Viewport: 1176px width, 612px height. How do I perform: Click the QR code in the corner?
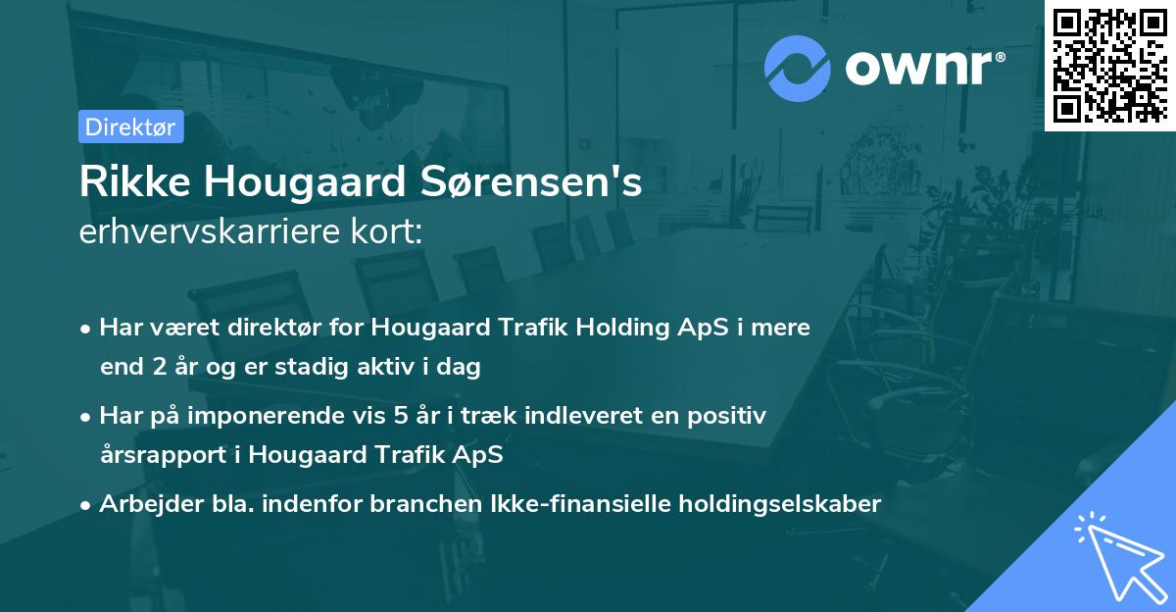(1109, 65)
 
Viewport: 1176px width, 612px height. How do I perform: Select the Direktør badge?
(130, 127)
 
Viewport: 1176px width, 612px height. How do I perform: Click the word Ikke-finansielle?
(570, 504)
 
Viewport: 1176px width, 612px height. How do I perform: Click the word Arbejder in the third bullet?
(143, 504)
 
